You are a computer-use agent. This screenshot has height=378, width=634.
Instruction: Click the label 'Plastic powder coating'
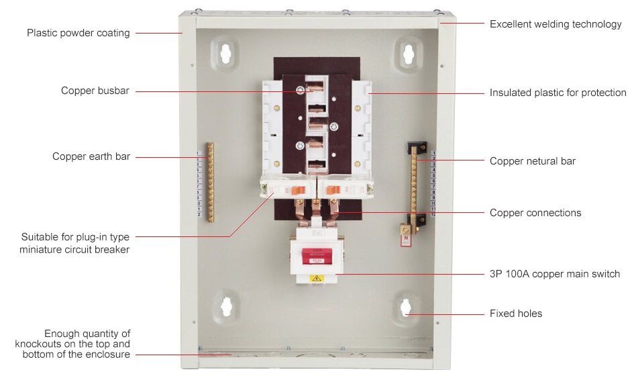click(78, 33)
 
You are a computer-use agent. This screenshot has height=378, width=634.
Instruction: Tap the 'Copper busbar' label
click(95, 90)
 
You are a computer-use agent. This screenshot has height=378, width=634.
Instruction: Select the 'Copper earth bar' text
click(91, 156)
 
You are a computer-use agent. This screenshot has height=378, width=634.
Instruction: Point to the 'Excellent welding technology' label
click(556, 24)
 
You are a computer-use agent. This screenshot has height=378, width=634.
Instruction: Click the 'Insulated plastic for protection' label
click(558, 93)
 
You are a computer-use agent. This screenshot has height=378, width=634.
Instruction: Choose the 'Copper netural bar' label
click(533, 161)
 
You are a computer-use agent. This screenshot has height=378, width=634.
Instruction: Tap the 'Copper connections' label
click(535, 213)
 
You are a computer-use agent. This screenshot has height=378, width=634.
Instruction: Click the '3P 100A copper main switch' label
click(555, 274)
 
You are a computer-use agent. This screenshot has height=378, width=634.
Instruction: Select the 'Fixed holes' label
click(516, 314)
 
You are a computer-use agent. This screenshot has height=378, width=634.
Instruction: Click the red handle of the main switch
click(317, 256)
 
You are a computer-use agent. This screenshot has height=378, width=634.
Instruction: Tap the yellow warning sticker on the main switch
click(317, 278)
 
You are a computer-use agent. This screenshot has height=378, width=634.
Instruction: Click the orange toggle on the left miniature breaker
click(298, 189)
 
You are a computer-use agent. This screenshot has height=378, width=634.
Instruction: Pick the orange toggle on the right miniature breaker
click(333, 189)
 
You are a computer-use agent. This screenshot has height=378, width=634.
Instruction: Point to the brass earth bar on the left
click(210, 182)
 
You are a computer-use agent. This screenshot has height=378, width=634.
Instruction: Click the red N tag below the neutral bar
click(406, 240)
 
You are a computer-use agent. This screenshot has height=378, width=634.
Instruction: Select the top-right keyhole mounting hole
click(409, 54)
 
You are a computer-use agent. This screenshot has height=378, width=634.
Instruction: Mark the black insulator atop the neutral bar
click(417, 146)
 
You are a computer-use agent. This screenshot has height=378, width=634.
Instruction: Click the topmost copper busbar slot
click(315, 86)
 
